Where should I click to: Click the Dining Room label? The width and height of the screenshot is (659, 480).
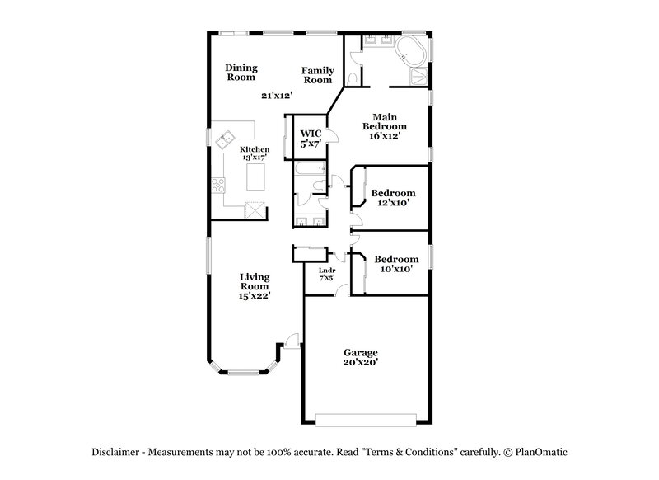241,72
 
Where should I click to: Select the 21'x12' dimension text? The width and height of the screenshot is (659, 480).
278,96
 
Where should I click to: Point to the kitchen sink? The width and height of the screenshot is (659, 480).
224,143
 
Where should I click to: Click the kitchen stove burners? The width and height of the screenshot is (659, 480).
218,186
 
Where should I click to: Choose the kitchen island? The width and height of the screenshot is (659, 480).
257,176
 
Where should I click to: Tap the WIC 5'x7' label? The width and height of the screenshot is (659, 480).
310,138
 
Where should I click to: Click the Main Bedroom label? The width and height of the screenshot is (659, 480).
385,126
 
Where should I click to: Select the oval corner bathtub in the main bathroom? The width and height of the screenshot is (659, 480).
411,51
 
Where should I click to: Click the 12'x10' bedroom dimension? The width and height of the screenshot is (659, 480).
393,202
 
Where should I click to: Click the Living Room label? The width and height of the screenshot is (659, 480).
255,285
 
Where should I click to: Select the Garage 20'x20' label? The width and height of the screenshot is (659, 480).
361,356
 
